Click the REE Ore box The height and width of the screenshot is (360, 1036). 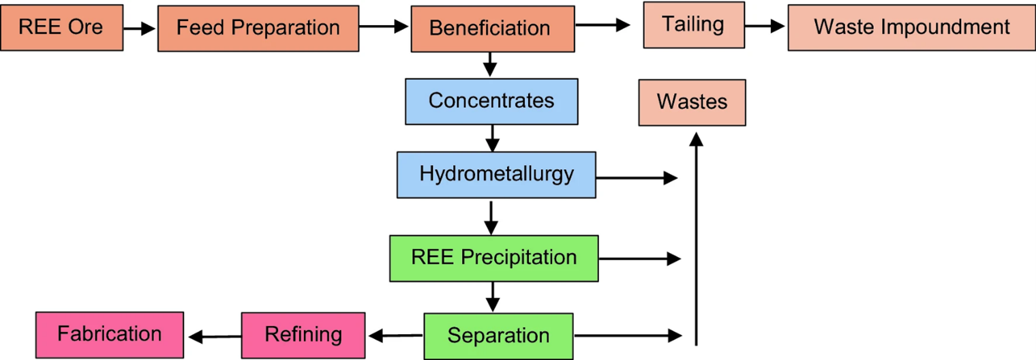[61, 27]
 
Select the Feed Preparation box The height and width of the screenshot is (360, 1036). [258, 28]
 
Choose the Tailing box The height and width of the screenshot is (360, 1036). [692, 25]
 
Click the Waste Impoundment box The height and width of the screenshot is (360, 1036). [911, 27]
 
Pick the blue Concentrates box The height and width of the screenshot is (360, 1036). [491, 102]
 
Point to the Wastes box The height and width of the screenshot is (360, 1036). [692, 102]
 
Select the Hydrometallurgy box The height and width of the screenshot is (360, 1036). [496, 175]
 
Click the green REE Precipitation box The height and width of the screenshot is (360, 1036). [493, 258]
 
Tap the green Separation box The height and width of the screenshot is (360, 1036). [498, 335]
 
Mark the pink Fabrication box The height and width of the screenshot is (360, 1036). [109, 334]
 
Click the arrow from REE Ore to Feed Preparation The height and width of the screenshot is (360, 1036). [140, 29]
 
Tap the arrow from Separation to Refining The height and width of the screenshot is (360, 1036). [395, 335]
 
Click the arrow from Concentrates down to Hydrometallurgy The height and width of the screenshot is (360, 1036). [491, 138]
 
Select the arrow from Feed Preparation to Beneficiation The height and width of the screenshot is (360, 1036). [384, 27]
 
